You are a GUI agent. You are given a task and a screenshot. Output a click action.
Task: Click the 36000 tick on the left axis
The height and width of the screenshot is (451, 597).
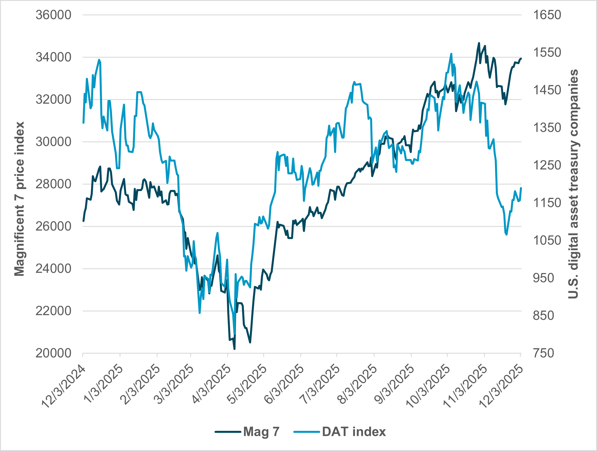(53, 15)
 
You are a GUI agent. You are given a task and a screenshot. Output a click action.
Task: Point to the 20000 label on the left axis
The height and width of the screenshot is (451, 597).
(53, 353)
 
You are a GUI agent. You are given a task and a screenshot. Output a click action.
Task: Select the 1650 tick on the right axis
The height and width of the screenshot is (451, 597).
(547, 15)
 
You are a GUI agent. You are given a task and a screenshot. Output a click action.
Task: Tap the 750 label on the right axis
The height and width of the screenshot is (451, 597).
(543, 353)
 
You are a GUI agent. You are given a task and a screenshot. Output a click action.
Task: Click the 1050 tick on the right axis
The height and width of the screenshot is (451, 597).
(547, 240)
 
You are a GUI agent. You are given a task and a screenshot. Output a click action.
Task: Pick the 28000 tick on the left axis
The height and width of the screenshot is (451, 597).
(53, 184)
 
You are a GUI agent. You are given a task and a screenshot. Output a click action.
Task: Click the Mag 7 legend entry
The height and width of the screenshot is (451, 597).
(247, 432)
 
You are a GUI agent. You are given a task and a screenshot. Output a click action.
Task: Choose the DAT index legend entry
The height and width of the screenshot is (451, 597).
(340, 432)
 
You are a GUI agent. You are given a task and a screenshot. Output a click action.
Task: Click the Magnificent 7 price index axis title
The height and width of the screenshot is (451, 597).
(19, 199)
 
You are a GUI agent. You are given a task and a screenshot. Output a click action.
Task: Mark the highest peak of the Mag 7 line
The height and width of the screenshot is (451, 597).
(479, 43)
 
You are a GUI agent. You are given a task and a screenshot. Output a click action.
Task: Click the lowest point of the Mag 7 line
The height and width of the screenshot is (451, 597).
(235, 349)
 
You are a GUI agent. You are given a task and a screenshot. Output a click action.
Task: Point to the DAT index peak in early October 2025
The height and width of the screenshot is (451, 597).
(451, 54)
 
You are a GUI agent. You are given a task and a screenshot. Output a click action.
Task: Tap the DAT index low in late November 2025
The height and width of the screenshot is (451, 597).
(506, 234)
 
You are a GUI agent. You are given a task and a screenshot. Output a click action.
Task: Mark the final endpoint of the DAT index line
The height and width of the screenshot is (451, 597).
(521, 188)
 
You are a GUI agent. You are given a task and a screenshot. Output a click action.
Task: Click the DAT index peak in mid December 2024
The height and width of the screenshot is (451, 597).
(99, 60)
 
